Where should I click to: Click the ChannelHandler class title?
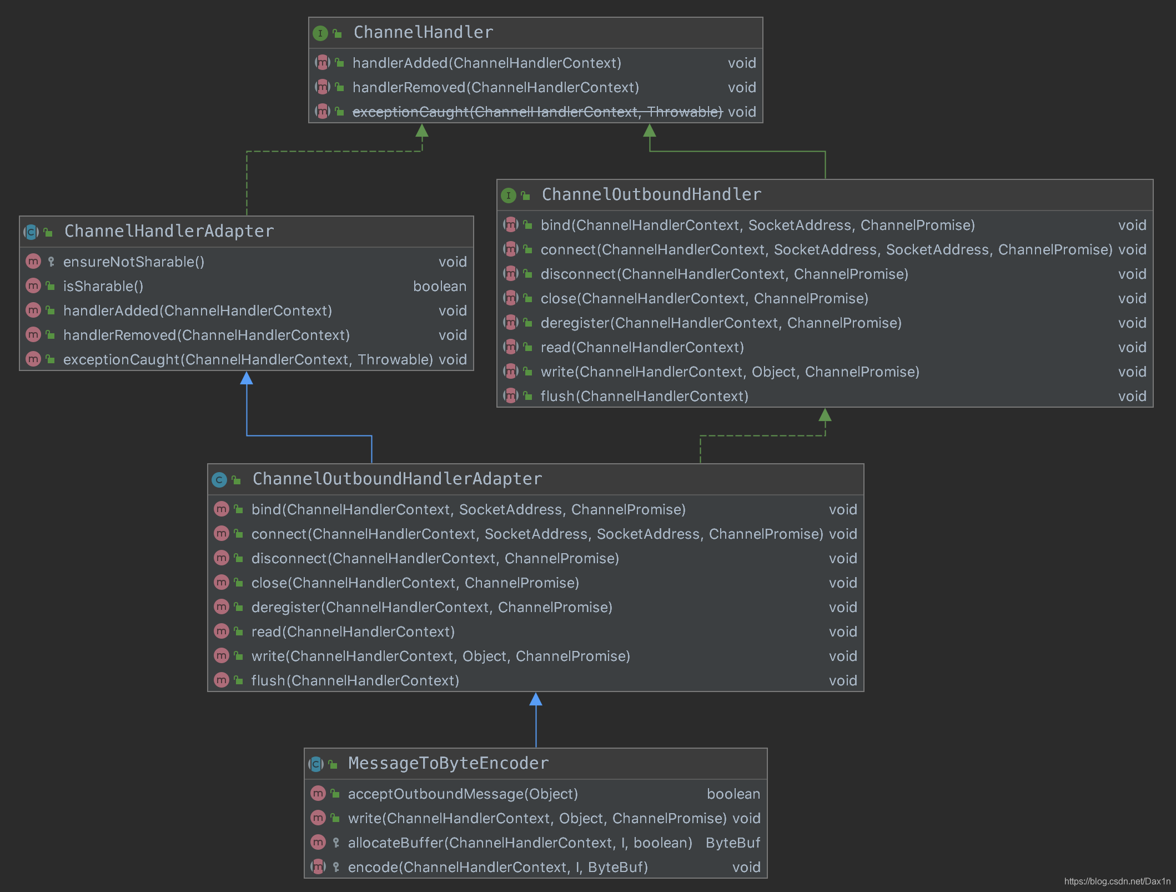[423, 33]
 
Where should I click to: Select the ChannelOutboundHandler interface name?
[651, 195]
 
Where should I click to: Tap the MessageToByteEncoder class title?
[448, 764]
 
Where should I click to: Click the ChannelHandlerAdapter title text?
[169, 232]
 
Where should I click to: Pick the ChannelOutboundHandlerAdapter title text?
[397, 479]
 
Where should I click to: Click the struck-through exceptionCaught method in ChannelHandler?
[537, 112]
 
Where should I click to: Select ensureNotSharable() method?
[134, 262]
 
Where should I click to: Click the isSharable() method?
[103, 287]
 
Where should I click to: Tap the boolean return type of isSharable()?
[439, 287]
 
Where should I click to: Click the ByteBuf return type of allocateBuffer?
[732, 843]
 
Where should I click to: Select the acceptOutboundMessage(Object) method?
[463, 794]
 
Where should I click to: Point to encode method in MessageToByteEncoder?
[497, 868]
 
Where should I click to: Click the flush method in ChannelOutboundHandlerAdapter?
[355, 681]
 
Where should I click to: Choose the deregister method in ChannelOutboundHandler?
[721, 323]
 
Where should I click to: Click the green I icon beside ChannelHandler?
[320, 33]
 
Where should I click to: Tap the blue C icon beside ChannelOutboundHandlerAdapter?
[219, 480]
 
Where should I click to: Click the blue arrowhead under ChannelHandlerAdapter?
[247, 379]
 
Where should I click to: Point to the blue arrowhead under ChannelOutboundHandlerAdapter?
[536, 699]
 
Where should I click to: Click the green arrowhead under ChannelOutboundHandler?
[825, 415]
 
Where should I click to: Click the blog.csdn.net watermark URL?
[1117, 881]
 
